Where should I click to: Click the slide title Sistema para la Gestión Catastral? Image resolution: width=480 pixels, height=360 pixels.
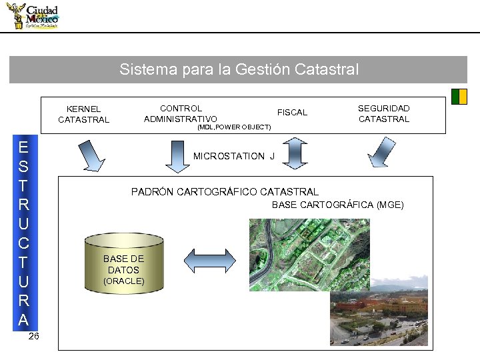pyautogui.click(x=239, y=69)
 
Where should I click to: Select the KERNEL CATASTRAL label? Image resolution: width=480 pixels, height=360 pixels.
pyautogui.click(x=83, y=114)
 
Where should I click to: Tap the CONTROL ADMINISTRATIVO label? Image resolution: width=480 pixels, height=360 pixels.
pyautogui.click(x=181, y=113)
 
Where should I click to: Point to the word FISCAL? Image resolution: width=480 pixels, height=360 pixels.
pyautogui.click(x=292, y=113)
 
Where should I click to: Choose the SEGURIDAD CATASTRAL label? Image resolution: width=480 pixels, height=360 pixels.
pyautogui.click(x=384, y=113)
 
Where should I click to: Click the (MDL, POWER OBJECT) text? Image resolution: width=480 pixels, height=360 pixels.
pyautogui.click(x=235, y=127)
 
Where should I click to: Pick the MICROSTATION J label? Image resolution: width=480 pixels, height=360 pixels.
pyautogui.click(x=233, y=156)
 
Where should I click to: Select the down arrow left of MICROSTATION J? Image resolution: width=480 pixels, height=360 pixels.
pyautogui.click(x=177, y=155)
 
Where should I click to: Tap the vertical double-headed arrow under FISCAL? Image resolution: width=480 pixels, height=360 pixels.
pyautogui.click(x=293, y=152)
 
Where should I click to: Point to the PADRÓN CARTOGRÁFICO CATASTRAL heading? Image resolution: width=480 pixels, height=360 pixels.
pyautogui.click(x=225, y=192)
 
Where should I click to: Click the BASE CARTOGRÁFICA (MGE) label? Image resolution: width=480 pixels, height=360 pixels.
pyautogui.click(x=337, y=205)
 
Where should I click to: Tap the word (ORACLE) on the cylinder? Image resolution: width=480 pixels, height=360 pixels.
pyautogui.click(x=123, y=281)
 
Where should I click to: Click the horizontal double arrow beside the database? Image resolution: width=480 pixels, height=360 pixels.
pyautogui.click(x=211, y=259)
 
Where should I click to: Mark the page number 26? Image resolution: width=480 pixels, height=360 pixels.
pyautogui.click(x=34, y=336)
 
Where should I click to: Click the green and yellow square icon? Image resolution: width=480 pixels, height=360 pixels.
pyautogui.click(x=459, y=97)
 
